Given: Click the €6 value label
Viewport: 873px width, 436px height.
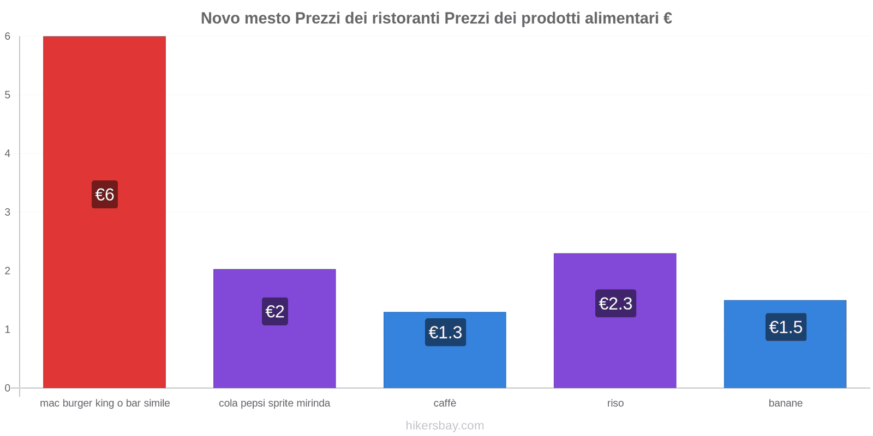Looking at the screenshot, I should coord(105,195).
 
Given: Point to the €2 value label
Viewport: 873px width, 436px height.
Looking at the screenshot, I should coord(275,311).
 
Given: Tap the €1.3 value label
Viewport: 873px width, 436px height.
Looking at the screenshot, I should coord(445,332).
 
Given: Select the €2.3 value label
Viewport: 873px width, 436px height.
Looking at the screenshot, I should coord(615,304).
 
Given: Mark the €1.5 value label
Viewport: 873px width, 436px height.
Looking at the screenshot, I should coord(786,327).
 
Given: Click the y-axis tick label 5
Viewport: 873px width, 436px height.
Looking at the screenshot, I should coord(8,95).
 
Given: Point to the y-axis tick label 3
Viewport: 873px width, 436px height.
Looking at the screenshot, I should coord(8,212).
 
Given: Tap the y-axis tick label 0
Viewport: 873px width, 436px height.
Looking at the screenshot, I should coord(8,388).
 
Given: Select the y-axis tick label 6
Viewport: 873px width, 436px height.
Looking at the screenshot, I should coord(8,37).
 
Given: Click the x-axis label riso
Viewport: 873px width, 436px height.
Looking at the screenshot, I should coord(615,403).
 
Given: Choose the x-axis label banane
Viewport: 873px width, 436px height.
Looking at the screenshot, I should coord(786,403).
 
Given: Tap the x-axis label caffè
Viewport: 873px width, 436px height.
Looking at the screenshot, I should coord(445,403).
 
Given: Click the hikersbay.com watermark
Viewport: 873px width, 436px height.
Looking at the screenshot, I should coord(445,426).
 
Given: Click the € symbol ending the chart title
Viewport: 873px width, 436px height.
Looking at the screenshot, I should coord(667,19).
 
